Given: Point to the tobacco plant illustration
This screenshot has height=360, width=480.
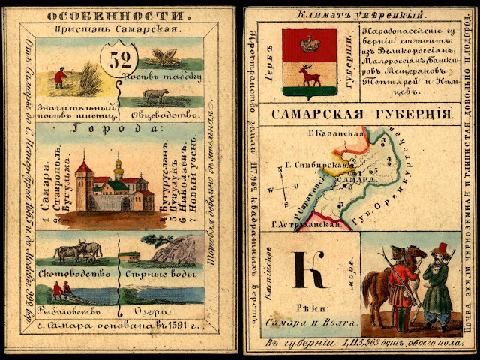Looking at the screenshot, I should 163,55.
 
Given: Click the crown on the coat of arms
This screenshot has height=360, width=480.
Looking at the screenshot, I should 308,44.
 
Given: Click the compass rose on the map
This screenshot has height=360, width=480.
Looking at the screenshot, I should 282,187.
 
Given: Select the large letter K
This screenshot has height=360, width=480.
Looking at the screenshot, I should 308,270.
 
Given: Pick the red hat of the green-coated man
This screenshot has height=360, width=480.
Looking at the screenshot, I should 444,247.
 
